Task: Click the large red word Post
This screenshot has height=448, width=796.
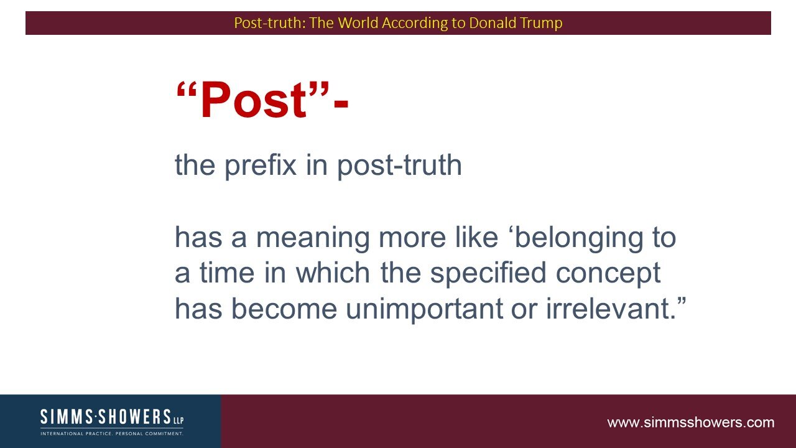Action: (254, 100)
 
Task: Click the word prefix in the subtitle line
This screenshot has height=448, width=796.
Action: (261, 166)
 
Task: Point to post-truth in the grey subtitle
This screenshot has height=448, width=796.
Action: (399, 166)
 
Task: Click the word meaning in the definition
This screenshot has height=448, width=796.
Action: (313, 237)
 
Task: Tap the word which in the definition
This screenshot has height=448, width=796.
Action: (333, 273)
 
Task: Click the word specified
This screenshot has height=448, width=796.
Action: (488, 273)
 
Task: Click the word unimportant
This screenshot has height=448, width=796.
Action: (424, 309)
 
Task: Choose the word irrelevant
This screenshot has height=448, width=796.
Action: (611, 308)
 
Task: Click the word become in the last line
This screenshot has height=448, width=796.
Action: (284, 308)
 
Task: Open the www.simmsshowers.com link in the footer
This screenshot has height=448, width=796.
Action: (690, 422)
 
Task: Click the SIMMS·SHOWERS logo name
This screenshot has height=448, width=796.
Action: (106, 417)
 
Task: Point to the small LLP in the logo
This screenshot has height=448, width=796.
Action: (178, 420)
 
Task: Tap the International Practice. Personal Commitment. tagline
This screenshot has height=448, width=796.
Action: (112, 434)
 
